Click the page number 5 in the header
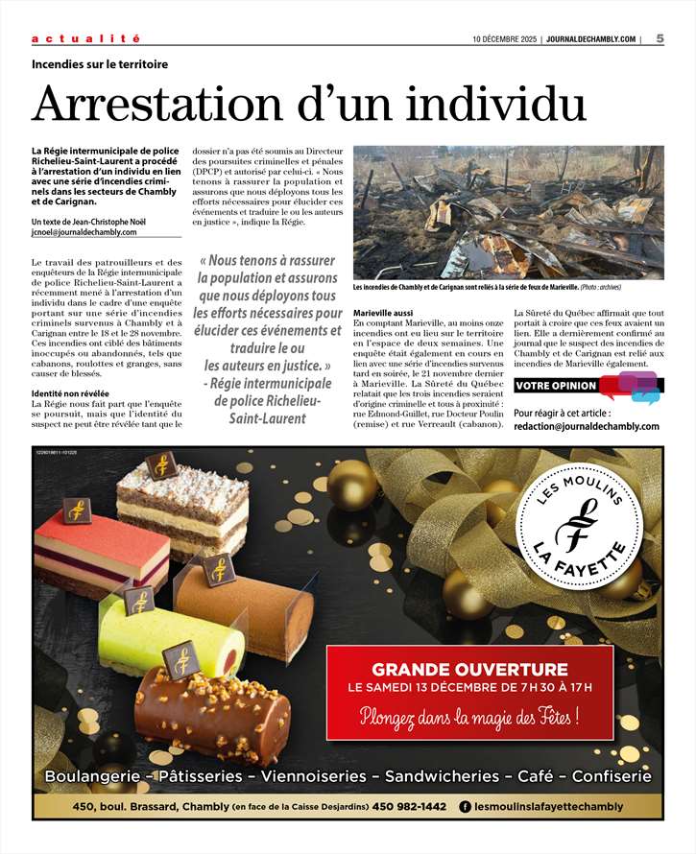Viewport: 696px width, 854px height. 660,38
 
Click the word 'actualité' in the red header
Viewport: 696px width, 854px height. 86,38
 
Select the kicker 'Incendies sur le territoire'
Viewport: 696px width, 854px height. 100,64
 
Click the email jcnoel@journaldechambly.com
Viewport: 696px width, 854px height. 84,232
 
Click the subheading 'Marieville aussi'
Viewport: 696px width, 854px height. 383,314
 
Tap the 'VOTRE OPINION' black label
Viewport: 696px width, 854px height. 555,386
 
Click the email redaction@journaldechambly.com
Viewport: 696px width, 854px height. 587,426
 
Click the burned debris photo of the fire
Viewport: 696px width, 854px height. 508,212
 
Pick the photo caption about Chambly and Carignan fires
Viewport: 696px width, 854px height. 499,287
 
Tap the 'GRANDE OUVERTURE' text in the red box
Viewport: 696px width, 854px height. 469,669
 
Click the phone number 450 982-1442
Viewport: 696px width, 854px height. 408,807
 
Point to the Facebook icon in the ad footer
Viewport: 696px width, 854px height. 466,807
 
